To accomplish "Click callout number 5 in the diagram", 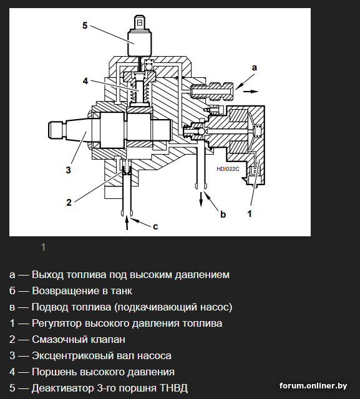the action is (x=85, y=26).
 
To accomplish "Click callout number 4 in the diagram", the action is (x=85, y=81).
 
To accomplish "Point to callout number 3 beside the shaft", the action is (x=68, y=170).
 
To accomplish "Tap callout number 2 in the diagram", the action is (x=69, y=202).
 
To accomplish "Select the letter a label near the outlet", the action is (x=255, y=68).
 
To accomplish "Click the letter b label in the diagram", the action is (x=223, y=214).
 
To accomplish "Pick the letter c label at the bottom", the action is (x=155, y=226).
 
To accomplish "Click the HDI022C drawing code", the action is (x=228, y=169).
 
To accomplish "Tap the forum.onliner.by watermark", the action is (x=313, y=386).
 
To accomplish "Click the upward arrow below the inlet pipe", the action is (x=127, y=224).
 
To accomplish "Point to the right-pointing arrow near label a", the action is (x=251, y=92).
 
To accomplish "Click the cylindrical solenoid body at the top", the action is (x=140, y=43).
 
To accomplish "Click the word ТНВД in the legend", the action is (x=173, y=388).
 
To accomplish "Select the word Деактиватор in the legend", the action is (x=62, y=388).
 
